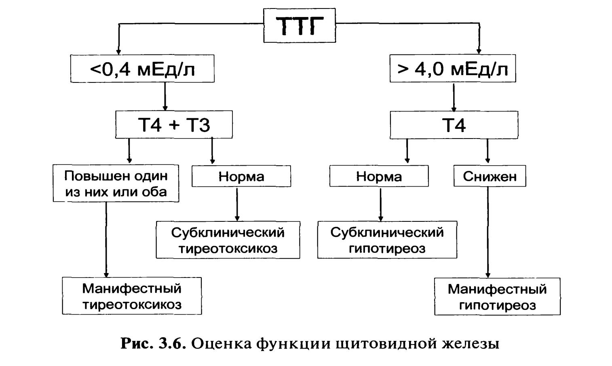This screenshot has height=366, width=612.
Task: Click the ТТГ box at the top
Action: click(x=300, y=25)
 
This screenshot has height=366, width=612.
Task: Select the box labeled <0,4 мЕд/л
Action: click(x=142, y=69)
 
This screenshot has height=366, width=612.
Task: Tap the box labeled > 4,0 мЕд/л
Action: click(x=453, y=69)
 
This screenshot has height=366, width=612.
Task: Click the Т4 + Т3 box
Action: click(x=174, y=125)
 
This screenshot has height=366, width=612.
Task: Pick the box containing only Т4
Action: click(x=454, y=125)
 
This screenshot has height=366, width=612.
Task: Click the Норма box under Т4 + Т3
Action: click(x=241, y=176)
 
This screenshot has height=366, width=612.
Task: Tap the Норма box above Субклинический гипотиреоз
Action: click(x=379, y=176)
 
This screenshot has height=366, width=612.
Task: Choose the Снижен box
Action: click(x=490, y=176)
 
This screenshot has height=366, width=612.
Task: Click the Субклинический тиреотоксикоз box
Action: click(x=228, y=240)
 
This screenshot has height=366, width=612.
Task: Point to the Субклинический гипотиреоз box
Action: click(x=387, y=240)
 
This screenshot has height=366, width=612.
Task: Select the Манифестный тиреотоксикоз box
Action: click(x=132, y=296)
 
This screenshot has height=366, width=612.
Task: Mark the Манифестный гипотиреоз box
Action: click(x=497, y=296)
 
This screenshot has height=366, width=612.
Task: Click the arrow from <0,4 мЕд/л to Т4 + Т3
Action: click(x=165, y=97)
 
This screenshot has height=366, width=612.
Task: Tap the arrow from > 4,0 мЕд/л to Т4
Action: click(x=454, y=97)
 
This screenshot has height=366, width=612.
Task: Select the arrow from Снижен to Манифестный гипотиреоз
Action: click(x=488, y=232)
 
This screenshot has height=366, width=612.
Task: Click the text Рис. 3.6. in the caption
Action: click(x=153, y=344)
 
